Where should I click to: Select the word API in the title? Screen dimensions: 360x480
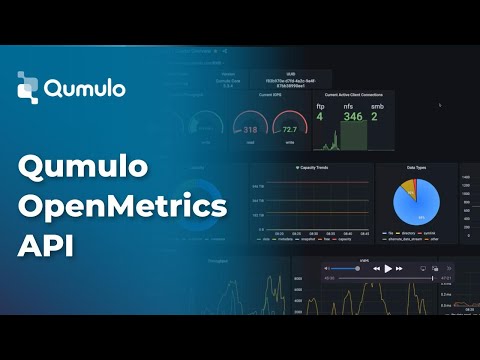40,245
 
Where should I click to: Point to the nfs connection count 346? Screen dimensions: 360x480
351,117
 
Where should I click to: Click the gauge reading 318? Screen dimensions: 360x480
250,129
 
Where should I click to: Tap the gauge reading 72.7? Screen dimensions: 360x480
290,129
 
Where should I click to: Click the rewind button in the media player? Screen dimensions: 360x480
376,268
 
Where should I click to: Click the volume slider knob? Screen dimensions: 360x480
357,268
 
